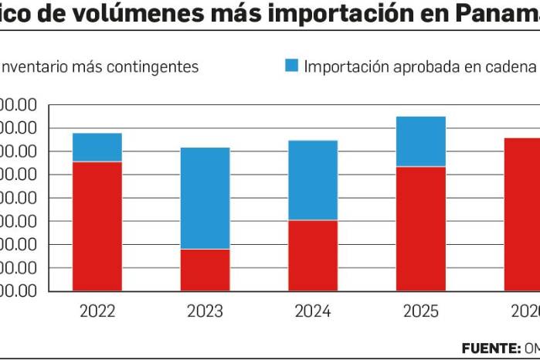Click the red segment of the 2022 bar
tap(97, 226)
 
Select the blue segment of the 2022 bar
tap(97, 147)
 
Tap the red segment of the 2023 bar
tap(205, 270)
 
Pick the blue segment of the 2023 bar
tap(205, 198)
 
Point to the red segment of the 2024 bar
tap(313, 256)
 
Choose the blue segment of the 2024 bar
tap(313, 180)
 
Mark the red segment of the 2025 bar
tap(421, 229)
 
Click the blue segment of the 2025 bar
tap(421, 141)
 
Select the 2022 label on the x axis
tap(97, 311)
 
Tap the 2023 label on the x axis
tap(205, 311)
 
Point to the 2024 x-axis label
tap(313, 311)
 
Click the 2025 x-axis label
tap(421, 311)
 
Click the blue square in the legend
tap(290, 66)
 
